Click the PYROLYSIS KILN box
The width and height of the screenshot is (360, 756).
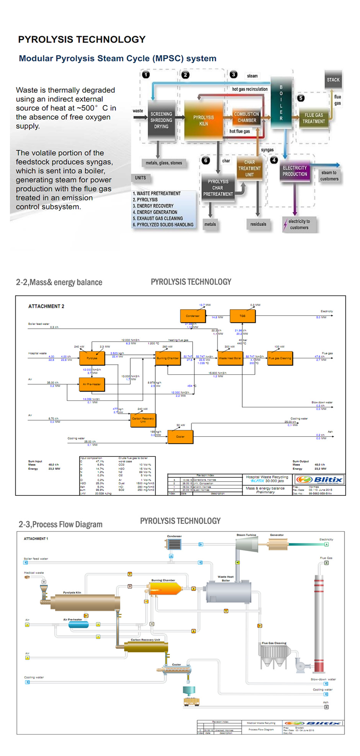click(203, 121)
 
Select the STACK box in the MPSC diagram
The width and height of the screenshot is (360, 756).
click(333, 80)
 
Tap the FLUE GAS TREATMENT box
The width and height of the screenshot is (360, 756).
click(314, 118)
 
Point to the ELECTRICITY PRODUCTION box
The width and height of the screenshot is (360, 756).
click(295, 171)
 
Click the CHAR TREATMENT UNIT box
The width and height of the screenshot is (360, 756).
click(249, 168)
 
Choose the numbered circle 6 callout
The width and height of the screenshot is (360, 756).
click(206, 160)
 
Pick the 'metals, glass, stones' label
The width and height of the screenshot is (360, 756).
click(164, 163)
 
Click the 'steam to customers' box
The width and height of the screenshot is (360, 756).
click(329, 176)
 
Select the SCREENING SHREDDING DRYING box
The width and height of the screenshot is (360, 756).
click(161, 120)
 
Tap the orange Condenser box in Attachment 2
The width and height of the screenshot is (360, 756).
click(193, 316)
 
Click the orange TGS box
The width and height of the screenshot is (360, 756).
click(242, 316)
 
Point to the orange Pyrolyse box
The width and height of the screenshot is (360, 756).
click(92, 358)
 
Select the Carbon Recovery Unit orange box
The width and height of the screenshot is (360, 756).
click(143, 420)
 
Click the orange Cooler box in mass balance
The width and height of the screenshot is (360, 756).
click(180, 436)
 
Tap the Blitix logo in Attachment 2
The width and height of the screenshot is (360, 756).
click(320, 480)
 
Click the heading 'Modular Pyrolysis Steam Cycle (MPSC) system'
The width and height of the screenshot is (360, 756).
click(118, 59)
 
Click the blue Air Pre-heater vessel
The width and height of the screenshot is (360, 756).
click(78, 625)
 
